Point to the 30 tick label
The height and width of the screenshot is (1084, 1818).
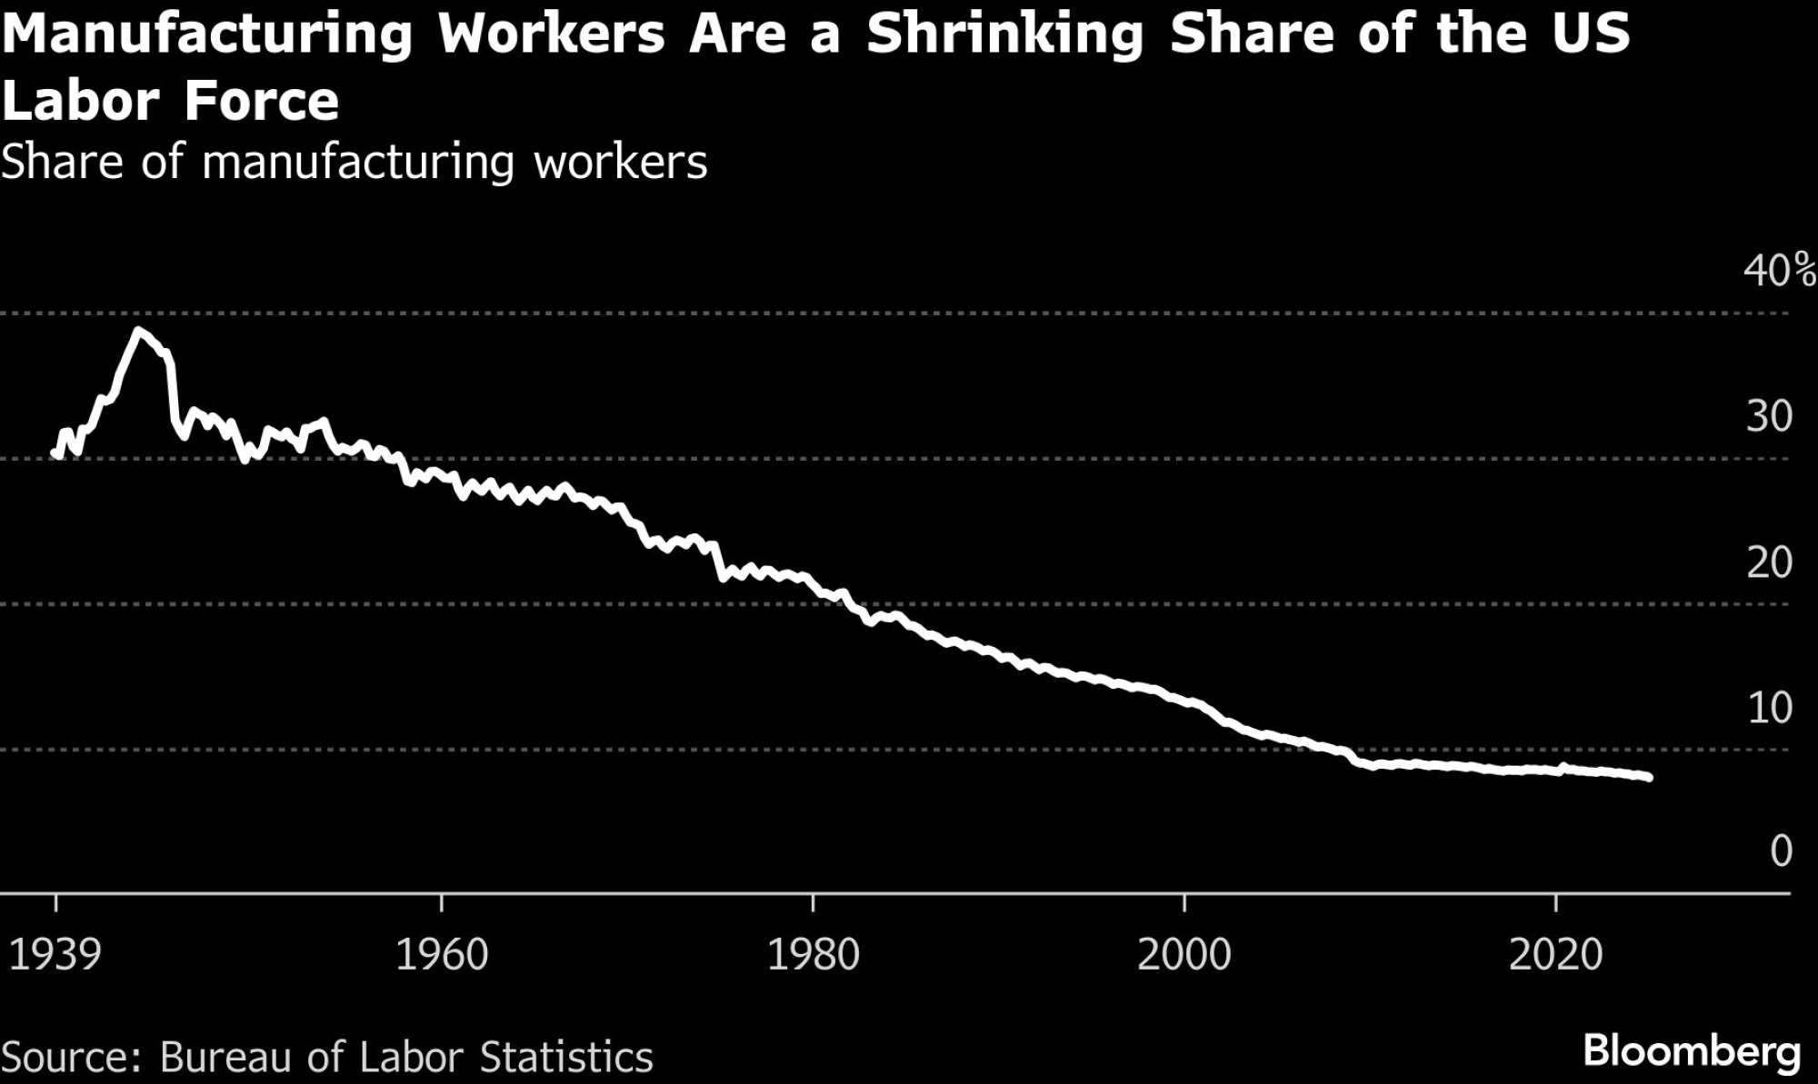[x=1769, y=416]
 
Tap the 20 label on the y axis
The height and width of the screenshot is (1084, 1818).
[x=1769, y=562]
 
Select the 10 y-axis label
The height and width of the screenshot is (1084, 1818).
[x=1769, y=708]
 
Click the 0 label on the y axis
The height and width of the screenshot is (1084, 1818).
[x=1781, y=851]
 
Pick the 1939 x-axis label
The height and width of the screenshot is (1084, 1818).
[x=55, y=955]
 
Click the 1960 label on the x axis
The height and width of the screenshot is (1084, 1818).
[x=442, y=955]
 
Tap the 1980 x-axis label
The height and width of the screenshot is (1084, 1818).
[x=814, y=955]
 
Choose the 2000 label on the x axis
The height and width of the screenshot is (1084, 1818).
[x=1184, y=955]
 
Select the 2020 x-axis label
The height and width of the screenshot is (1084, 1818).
[x=1555, y=955]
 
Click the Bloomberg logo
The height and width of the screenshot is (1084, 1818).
[x=1692, y=1051]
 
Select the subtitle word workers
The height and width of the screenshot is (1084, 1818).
[x=620, y=164]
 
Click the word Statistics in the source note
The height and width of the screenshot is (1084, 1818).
[x=566, y=1058]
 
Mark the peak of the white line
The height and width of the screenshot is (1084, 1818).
[x=137, y=331]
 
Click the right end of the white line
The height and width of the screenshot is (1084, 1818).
[x=1648, y=777]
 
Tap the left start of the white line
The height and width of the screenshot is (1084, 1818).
[x=55, y=452]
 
